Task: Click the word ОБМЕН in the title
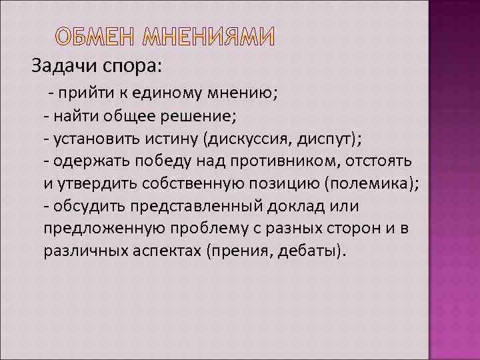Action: tap(91, 39)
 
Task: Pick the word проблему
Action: tap(208, 229)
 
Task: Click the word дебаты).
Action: tap(311, 252)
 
